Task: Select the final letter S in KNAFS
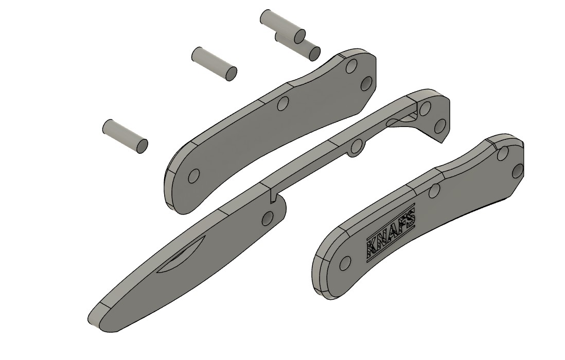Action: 410,221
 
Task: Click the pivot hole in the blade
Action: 267,219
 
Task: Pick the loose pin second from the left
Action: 214,63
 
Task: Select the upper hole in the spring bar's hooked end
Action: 425,109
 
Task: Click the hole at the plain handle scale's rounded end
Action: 193,177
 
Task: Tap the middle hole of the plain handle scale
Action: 281,104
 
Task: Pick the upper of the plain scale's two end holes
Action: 351,67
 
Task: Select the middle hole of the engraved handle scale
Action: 434,191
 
